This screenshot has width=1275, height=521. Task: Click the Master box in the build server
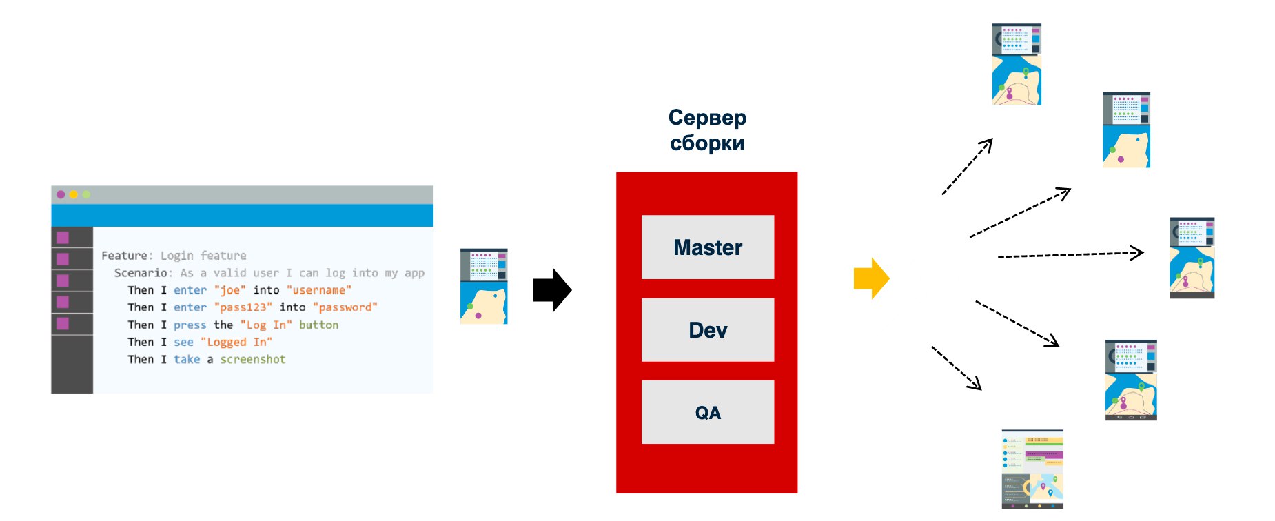[708, 247]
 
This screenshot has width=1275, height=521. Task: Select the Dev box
[708, 329]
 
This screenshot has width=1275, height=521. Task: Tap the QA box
[708, 412]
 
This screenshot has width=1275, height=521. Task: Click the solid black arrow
[553, 290]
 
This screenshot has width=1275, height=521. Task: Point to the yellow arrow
[872, 278]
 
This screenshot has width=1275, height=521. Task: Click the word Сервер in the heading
[707, 117]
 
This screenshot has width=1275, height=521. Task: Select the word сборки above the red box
[707, 143]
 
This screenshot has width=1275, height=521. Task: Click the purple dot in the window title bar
[61, 194]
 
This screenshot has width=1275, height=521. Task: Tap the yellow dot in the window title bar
[73, 194]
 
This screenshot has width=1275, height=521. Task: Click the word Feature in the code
[124, 256]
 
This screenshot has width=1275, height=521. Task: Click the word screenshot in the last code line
[253, 359]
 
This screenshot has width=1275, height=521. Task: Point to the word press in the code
[190, 325]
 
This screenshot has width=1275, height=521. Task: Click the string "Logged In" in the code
[236, 342]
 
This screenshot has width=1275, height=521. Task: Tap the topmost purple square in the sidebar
[63, 238]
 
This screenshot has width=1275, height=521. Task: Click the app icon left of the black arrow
[484, 286]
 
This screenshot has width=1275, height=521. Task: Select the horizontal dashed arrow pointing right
[1071, 255]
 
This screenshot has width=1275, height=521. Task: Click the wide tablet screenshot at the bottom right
[1032, 469]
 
